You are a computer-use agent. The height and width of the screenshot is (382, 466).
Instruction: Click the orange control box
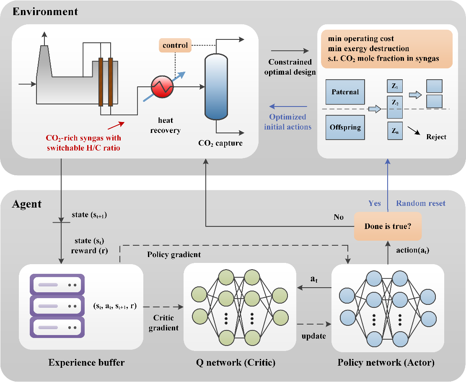click(175, 45)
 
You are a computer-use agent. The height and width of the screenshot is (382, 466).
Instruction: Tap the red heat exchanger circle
click(162, 87)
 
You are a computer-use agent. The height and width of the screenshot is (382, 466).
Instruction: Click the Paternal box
click(346, 92)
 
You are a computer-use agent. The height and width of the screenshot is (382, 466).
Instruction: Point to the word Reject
click(436, 137)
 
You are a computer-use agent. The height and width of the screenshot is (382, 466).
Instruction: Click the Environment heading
click(45, 11)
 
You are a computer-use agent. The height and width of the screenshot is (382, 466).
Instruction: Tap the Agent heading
click(26, 204)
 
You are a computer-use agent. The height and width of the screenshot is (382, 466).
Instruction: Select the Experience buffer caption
click(86, 362)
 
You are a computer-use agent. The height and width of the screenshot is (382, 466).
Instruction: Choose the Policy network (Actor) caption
click(386, 362)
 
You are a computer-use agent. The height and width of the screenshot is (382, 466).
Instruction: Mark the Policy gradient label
click(174, 255)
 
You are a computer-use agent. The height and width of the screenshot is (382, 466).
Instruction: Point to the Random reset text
click(421, 203)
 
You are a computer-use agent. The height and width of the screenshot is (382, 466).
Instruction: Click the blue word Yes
click(375, 203)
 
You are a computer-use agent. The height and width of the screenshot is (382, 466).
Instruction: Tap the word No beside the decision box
click(339, 217)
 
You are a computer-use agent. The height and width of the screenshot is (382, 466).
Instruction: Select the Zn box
click(394, 131)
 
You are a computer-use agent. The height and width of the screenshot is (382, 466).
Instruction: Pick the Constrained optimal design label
click(292, 67)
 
